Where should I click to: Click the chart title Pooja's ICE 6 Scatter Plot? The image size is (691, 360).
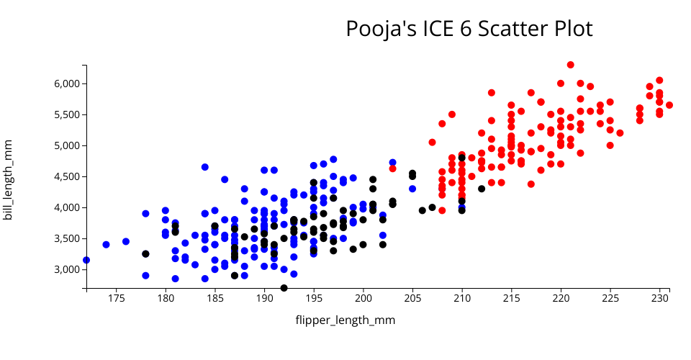[x=469, y=29]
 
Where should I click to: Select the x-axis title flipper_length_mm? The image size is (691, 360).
[x=345, y=320]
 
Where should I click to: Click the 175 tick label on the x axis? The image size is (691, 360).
[x=116, y=297]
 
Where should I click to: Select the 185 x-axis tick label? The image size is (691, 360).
[x=214, y=297]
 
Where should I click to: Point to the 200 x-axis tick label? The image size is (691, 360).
[x=363, y=297]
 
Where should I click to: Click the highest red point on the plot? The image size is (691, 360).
[x=571, y=65]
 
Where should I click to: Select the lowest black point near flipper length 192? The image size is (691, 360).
[x=284, y=288]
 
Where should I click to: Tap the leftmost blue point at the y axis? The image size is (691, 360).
[x=86, y=260]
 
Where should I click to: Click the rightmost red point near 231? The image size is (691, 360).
[x=669, y=105]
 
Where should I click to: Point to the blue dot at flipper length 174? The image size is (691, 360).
[x=106, y=245]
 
